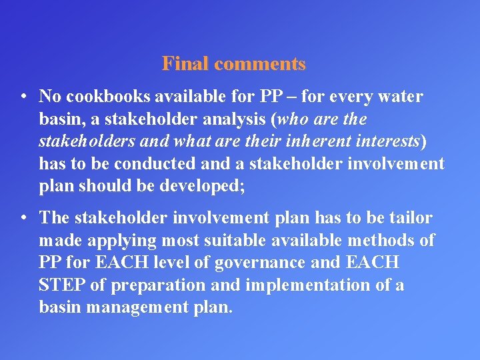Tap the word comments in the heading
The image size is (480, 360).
pyautogui.click(x=261, y=64)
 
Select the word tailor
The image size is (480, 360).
pyautogui.click(x=411, y=218)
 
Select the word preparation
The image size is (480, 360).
pyautogui.click(x=148, y=285)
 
